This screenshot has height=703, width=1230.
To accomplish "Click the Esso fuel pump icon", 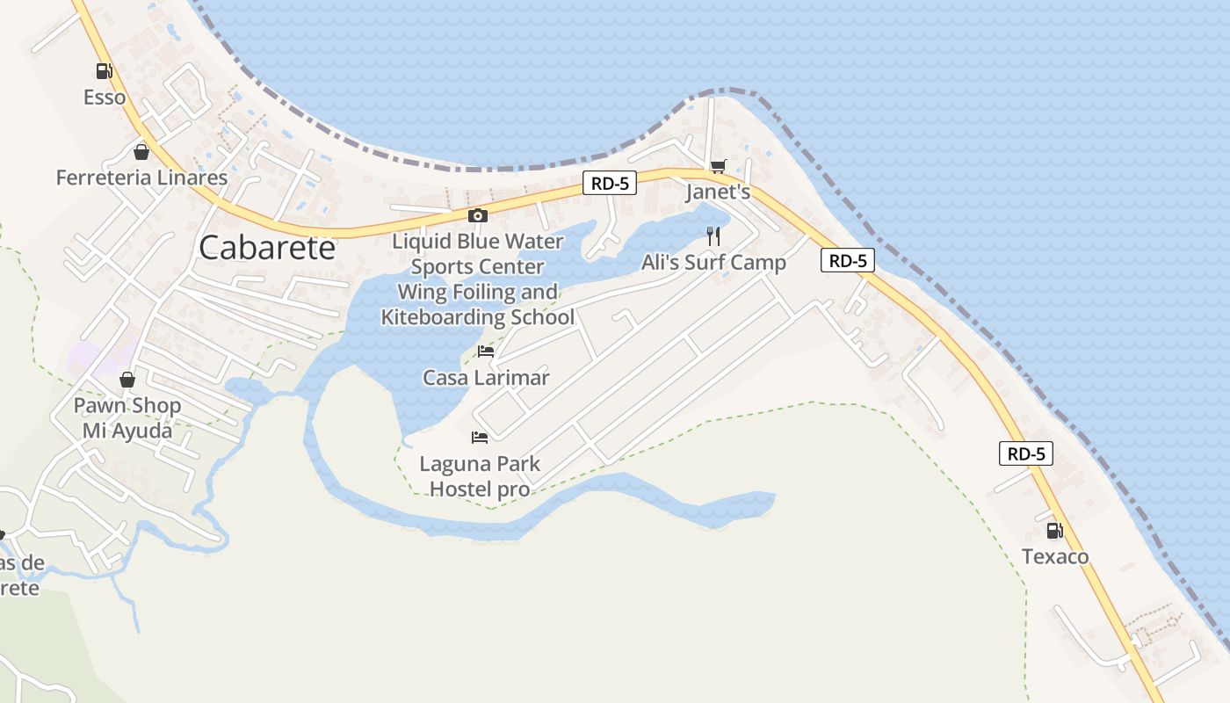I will (x=104, y=71).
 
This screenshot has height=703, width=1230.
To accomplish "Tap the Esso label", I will (x=105, y=97).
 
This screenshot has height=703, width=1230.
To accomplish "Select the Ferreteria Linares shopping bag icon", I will (x=141, y=152).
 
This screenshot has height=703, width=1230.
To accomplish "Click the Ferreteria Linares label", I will (x=141, y=178).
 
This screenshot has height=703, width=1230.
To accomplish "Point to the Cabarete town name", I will (x=267, y=248).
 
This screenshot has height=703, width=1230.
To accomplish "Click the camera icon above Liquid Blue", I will (x=477, y=215).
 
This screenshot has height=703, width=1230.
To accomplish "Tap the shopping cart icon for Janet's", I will (x=718, y=166).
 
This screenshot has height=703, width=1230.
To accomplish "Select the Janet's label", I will (x=718, y=192).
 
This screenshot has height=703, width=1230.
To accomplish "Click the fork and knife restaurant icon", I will (x=713, y=236).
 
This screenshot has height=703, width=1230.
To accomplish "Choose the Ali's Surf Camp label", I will (x=713, y=262).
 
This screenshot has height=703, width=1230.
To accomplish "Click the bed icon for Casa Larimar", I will (x=485, y=351).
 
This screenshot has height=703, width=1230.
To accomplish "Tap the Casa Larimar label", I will (x=486, y=378).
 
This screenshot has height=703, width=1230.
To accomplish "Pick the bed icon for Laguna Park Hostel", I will (x=479, y=437).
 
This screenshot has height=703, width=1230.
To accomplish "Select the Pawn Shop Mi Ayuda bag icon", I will (x=127, y=380).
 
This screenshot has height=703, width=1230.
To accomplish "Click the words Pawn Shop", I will (x=127, y=406).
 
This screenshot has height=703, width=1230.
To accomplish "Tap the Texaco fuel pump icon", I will (x=1054, y=530).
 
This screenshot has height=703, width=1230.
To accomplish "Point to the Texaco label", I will (x=1054, y=556).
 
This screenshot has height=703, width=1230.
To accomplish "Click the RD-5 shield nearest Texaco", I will (x=1025, y=453).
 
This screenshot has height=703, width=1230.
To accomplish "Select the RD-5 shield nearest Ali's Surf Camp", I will (x=848, y=260).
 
